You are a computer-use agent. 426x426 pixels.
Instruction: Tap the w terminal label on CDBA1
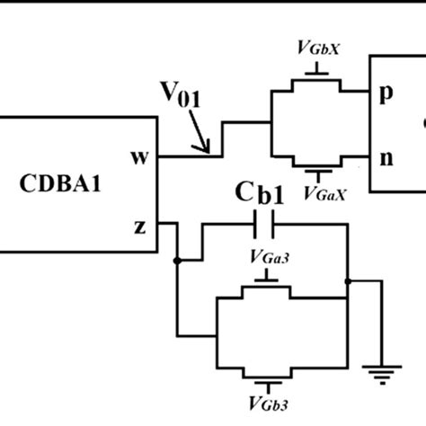138,157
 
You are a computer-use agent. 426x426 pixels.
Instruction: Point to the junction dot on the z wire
179,262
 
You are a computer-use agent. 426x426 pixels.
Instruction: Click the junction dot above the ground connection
349,281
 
